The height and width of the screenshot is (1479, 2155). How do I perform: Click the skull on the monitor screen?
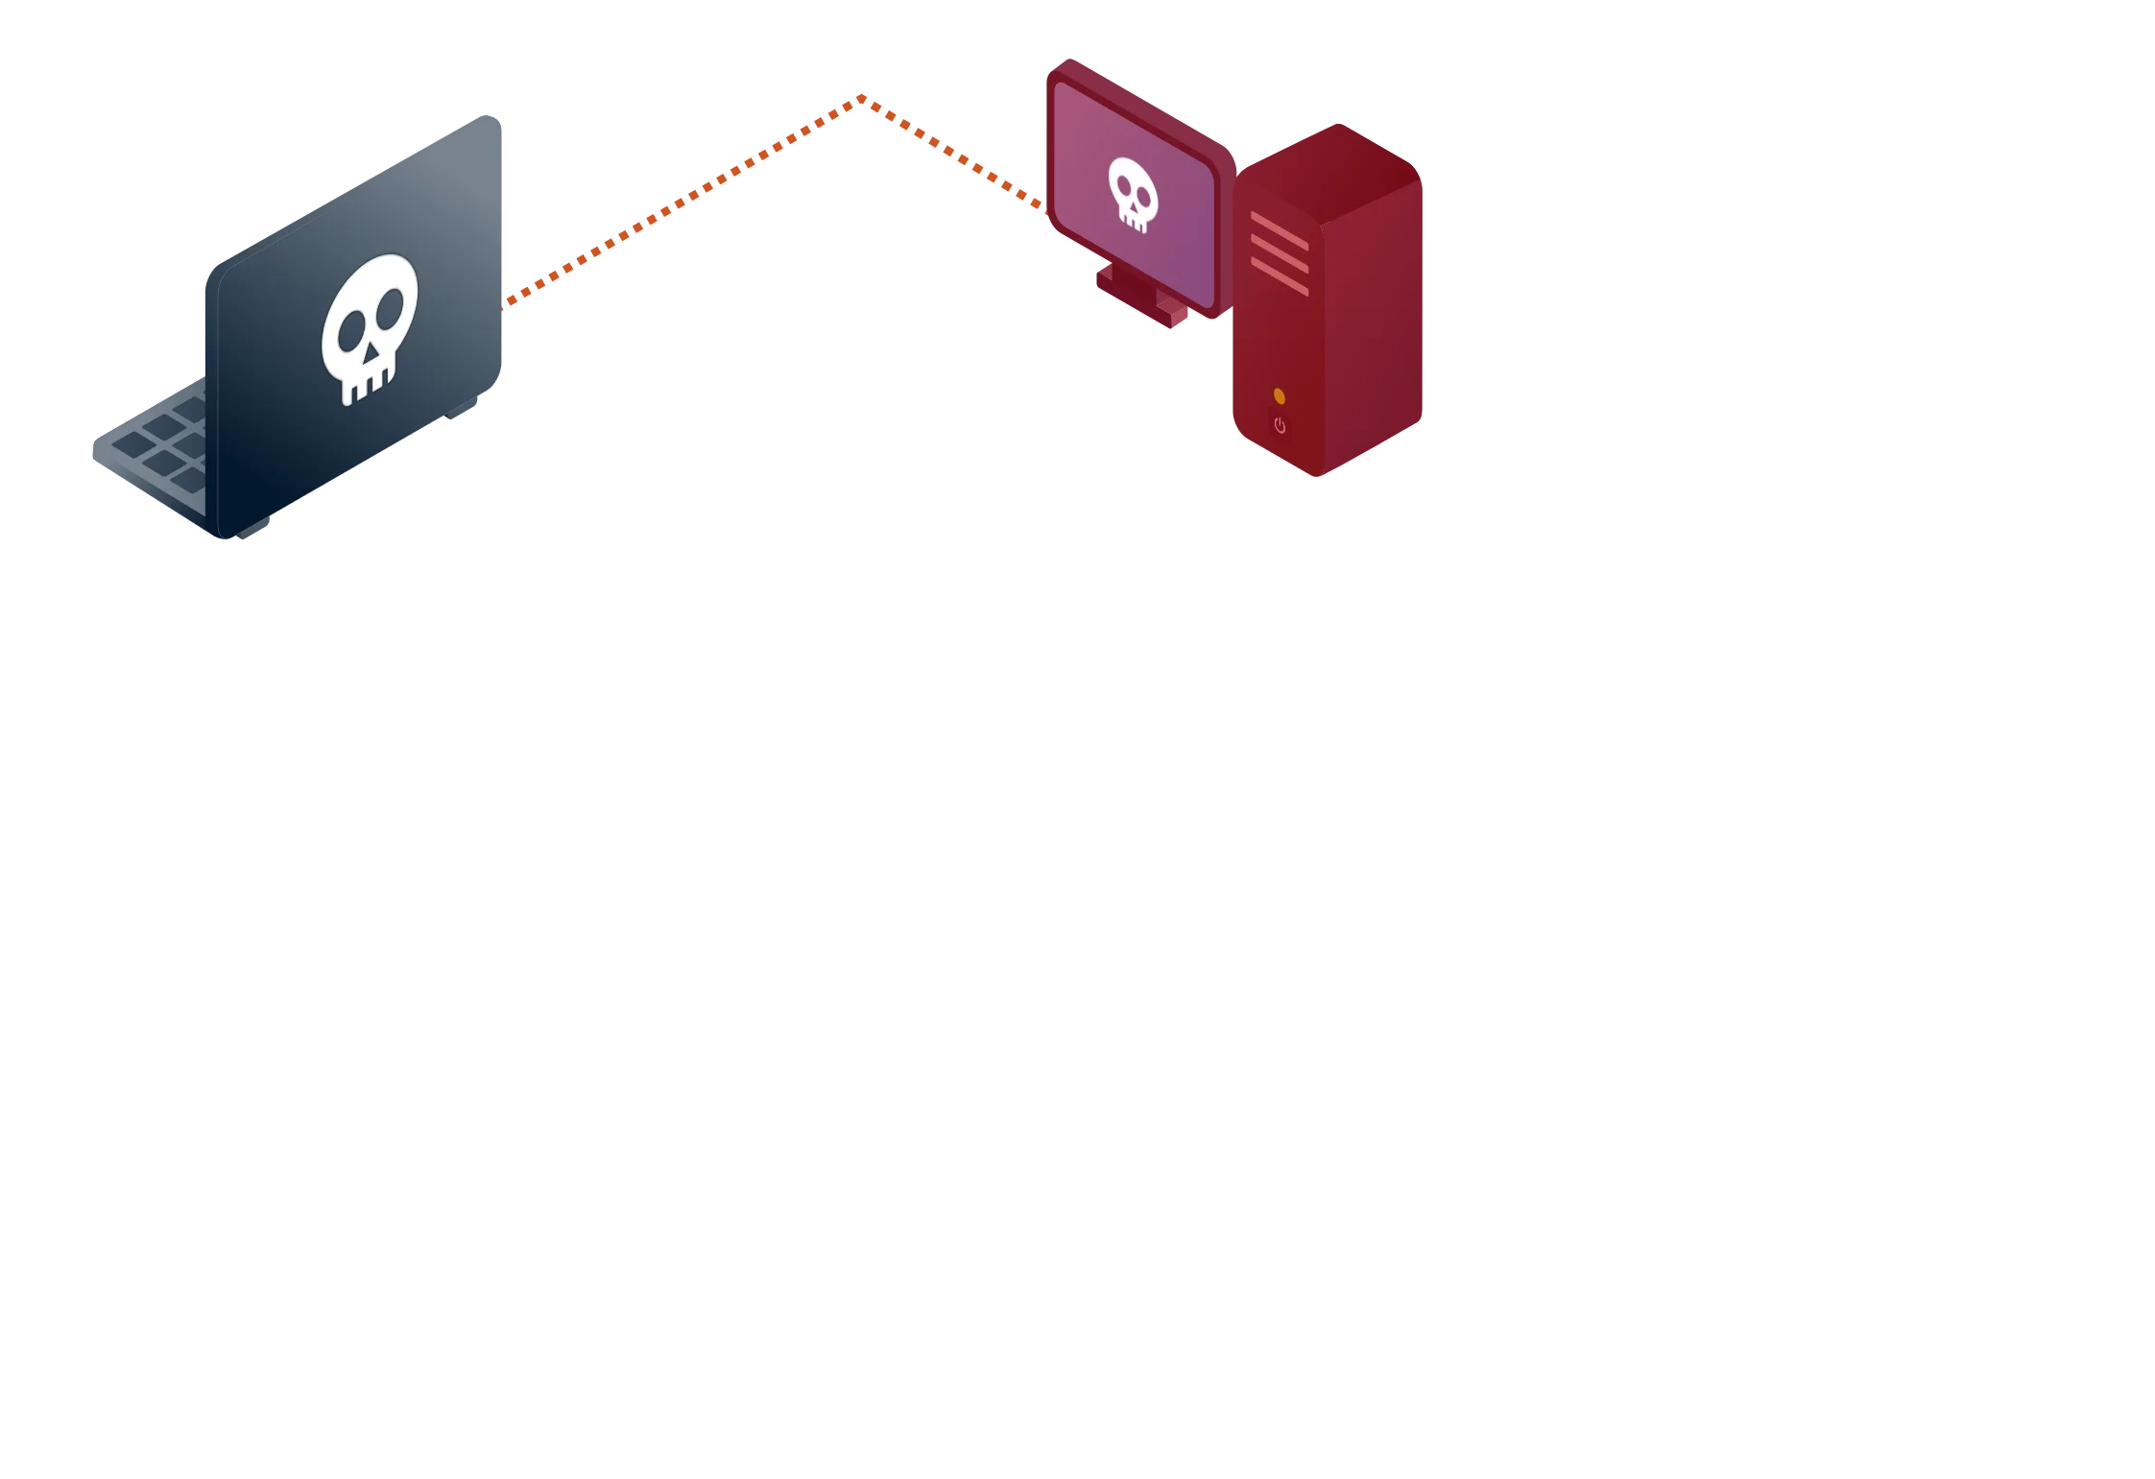click(1133, 195)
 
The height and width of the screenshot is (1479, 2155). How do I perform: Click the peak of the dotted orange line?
click(860, 98)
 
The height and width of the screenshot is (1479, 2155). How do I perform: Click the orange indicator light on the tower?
click(1279, 395)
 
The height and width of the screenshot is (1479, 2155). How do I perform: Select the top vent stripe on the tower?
click(1279, 230)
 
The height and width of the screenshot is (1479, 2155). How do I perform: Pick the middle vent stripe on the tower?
click(1279, 252)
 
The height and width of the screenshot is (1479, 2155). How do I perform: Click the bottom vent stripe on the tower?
click(1279, 275)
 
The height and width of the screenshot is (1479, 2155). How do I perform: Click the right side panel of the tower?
click(1373, 326)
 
